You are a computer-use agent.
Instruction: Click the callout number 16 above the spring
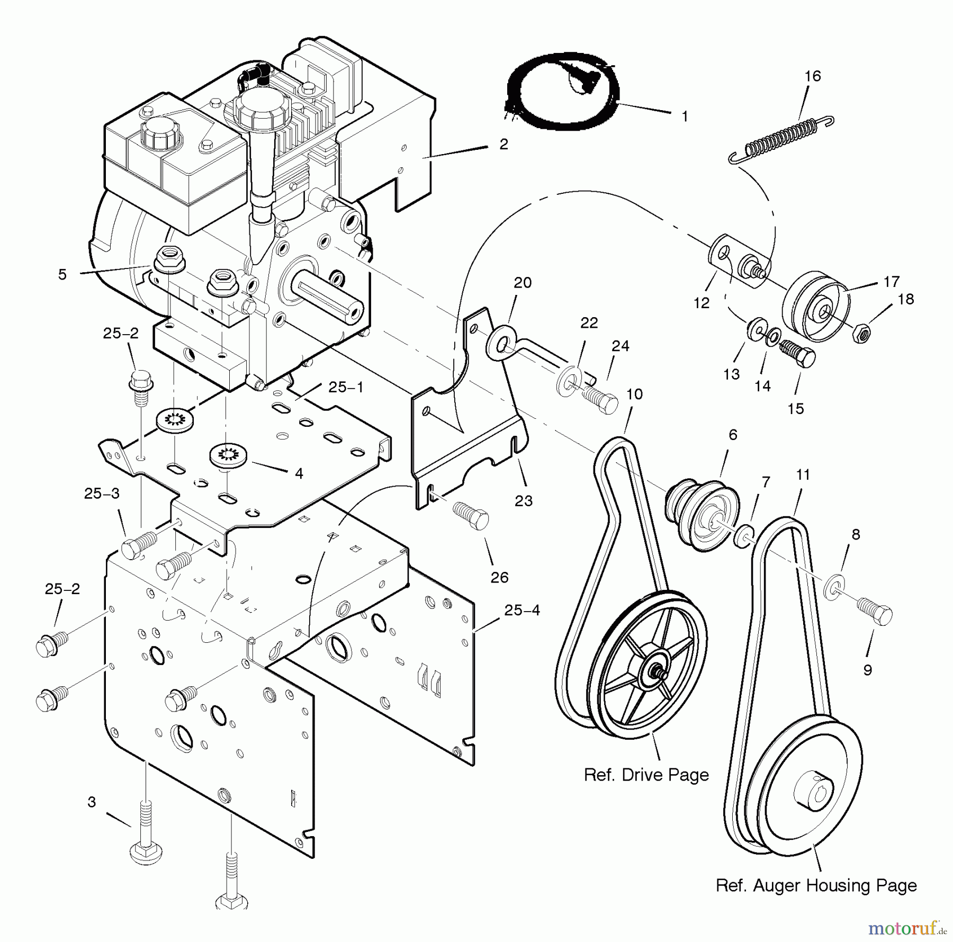tap(812, 76)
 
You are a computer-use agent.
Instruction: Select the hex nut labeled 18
tap(862, 333)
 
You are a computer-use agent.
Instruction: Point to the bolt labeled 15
tap(797, 353)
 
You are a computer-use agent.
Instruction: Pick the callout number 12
tap(702, 303)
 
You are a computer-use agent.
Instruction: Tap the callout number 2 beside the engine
tap(504, 144)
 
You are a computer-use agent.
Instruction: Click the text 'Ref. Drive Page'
tap(646, 775)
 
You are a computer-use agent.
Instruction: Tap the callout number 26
tap(499, 577)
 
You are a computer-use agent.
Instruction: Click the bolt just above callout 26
tap(470, 513)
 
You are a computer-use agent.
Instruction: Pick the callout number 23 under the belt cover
tap(524, 500)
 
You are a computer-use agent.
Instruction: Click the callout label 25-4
tap(522, 611)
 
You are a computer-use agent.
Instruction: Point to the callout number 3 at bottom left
tap(92, 802)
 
